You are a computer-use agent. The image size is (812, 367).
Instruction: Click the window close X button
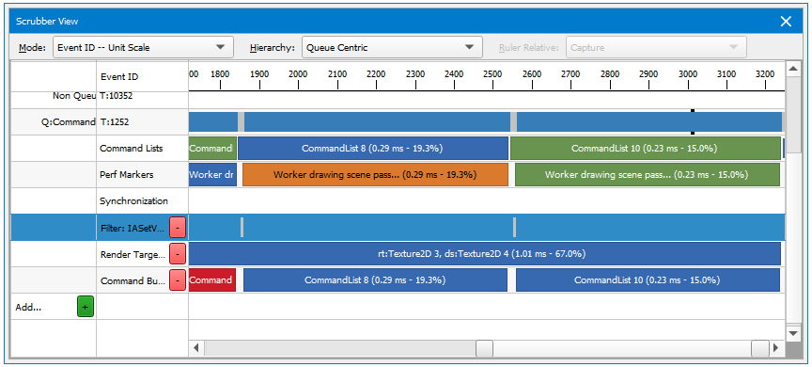[x=786, y=22]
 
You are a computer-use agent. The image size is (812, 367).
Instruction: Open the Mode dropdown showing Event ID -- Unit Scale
[x=142, y=47]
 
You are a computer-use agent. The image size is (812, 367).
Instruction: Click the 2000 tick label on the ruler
[x=298, y=73]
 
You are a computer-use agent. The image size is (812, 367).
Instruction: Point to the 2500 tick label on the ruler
[x=492, y=73]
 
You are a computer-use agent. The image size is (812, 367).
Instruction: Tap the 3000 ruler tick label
[x=687, y=73]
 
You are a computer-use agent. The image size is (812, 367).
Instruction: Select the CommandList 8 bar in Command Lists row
[x=372, y=148]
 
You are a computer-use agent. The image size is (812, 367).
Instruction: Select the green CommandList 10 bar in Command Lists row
[x=645, y=148]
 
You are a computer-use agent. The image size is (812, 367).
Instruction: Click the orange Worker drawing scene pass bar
[x=374, y=174]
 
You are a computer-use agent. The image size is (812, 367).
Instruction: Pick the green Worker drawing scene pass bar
[x=647, y=174]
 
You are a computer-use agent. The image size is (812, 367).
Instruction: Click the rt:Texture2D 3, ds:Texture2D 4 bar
[x=485, y=253]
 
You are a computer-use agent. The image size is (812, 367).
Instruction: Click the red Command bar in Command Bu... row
[x=211, y=279]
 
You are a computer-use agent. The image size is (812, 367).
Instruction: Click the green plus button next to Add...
[x=86, y=306]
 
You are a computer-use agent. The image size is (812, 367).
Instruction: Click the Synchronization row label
[x=133, y=200]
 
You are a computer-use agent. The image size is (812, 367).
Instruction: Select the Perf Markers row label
[x=126, y=174]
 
